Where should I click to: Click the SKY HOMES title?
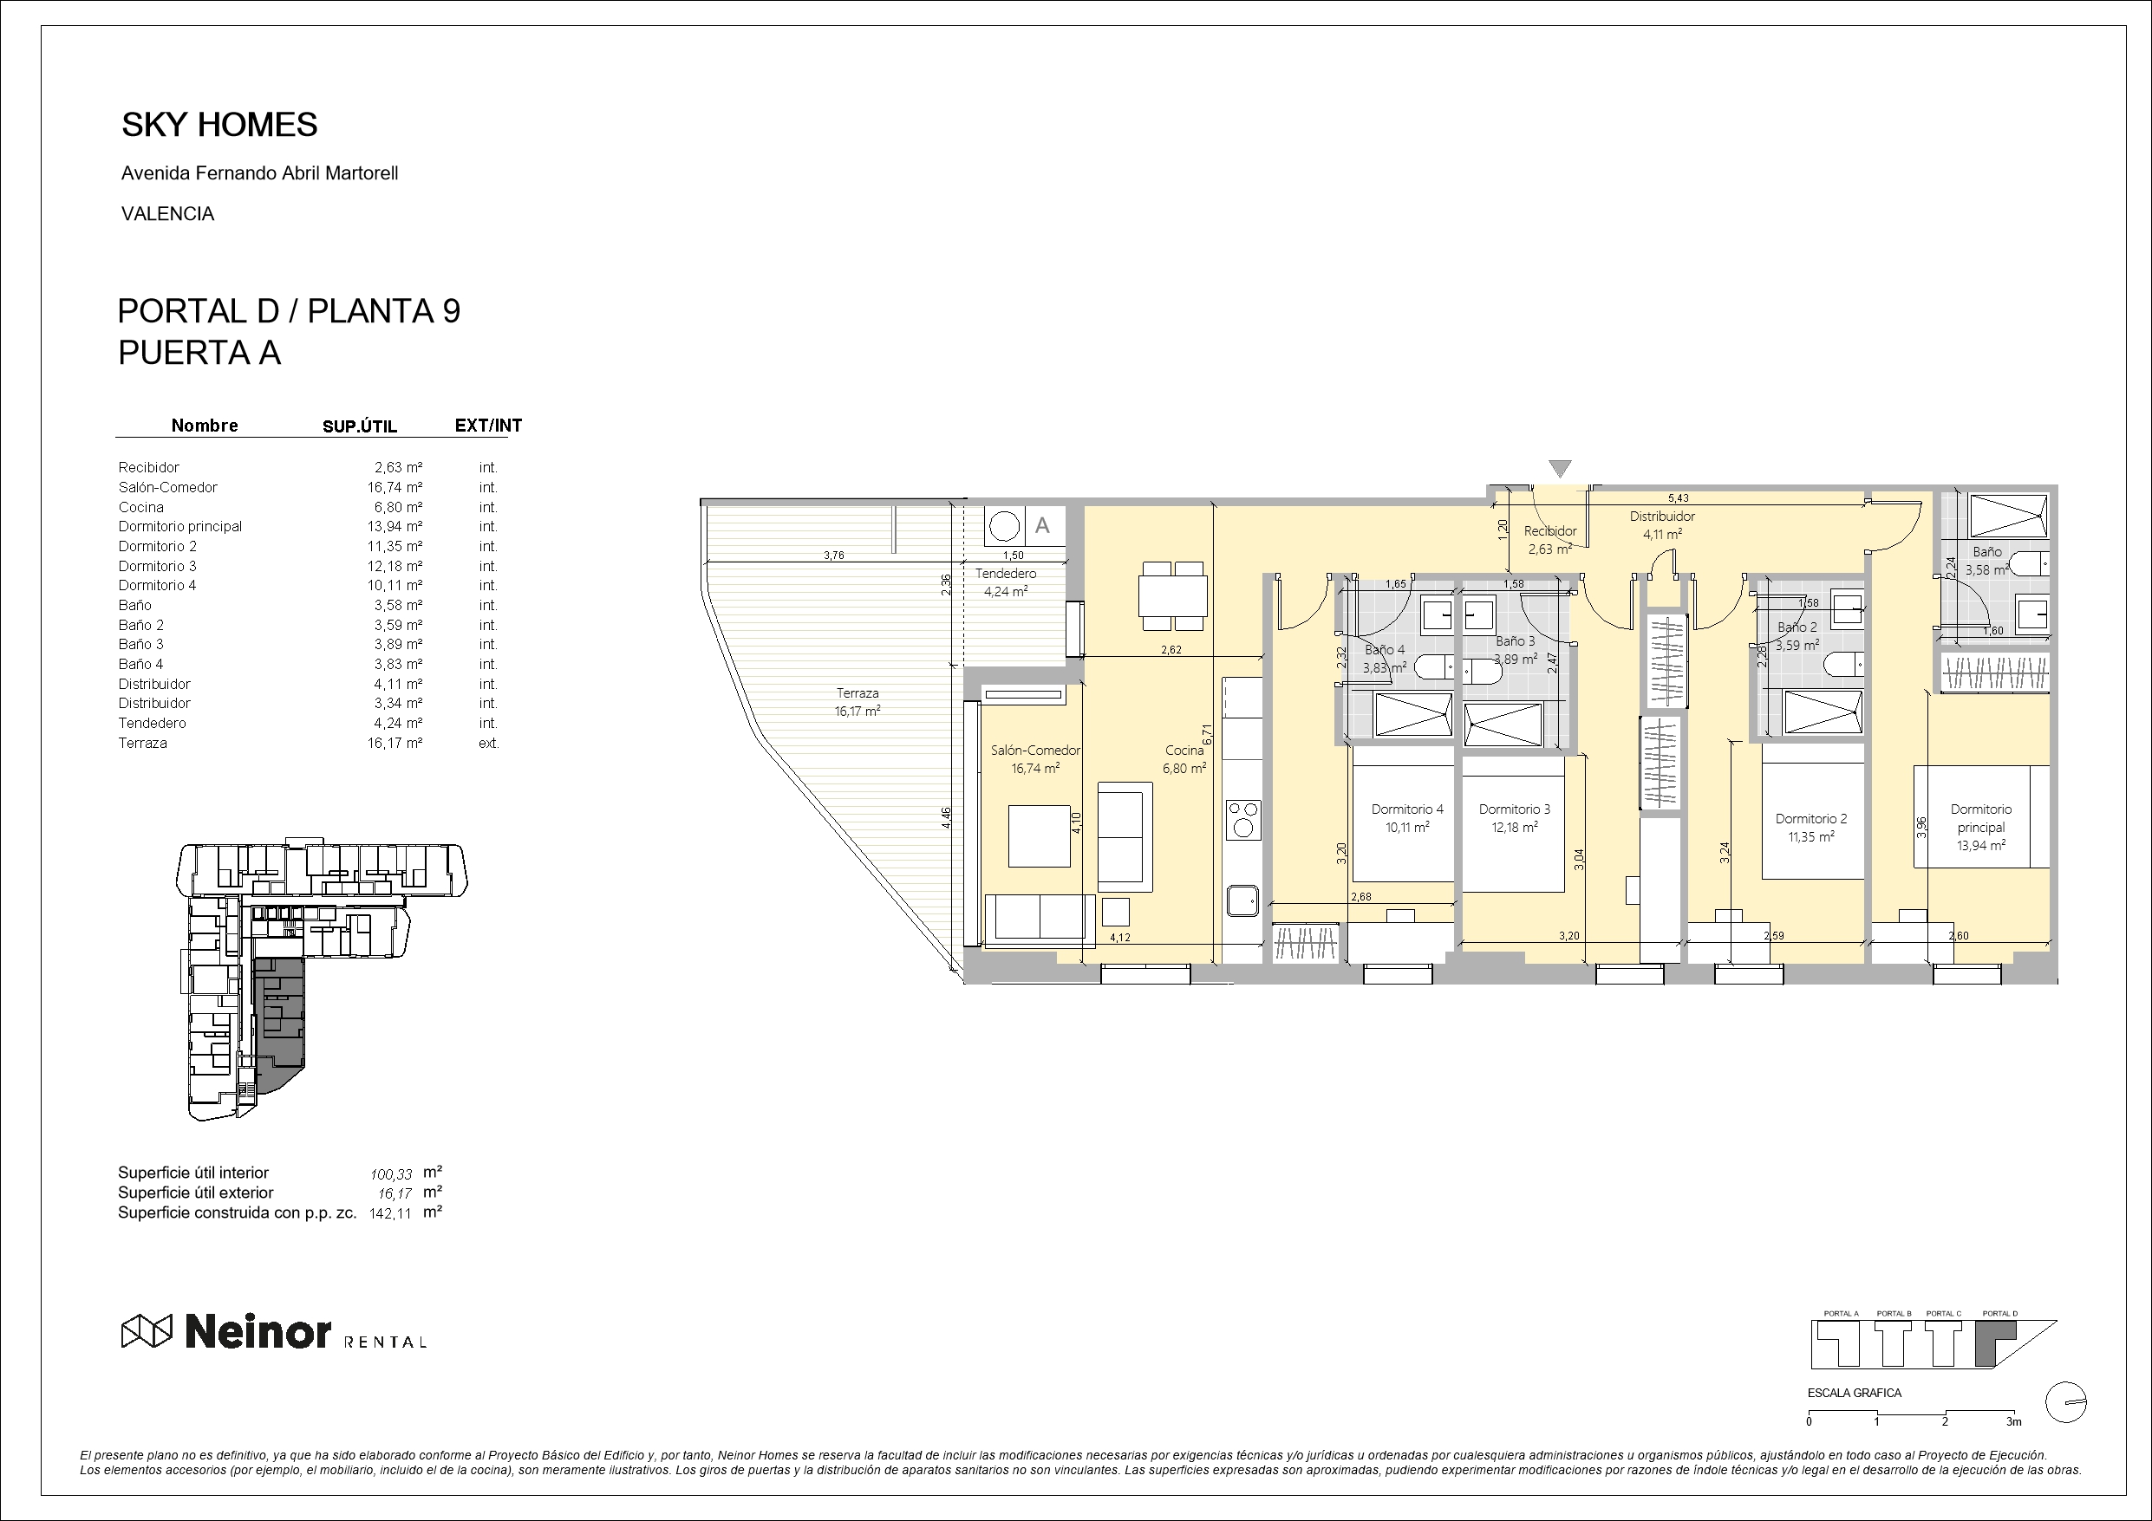219,125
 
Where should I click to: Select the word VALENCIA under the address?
168,214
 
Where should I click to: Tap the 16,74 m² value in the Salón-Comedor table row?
395,487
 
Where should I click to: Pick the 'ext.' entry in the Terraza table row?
488,743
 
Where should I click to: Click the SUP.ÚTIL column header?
360,426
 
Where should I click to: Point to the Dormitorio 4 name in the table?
158,586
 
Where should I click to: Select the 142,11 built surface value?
390,1212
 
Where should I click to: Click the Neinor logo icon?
147,1330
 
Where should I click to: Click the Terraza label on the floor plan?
858,693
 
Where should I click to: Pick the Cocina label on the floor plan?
1184,750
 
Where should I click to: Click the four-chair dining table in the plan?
1171,596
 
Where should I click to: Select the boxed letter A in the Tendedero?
1041,526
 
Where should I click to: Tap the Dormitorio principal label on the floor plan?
1980,818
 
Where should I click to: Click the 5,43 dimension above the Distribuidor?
1679,498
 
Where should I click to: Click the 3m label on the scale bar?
2013,1421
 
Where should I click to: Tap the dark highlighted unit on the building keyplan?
280,1022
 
